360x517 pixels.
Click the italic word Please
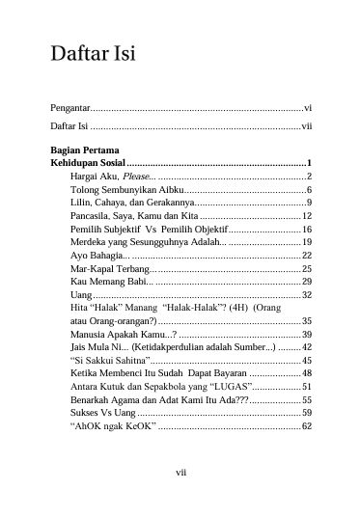coord(137,177)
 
